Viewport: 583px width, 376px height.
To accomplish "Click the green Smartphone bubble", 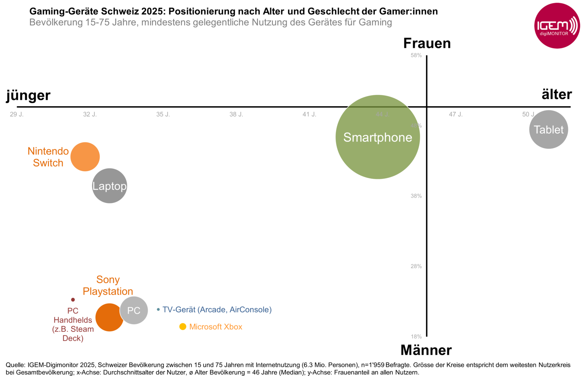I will click(x=377, y=137).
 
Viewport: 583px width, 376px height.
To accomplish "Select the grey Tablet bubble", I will click(x=548, y=129).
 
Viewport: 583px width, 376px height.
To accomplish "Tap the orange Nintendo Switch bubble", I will click(x=85, y=157).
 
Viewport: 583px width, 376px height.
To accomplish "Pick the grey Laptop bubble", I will click(x=109, y=186).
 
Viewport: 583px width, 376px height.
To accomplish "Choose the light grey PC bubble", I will click(x=134, y=310).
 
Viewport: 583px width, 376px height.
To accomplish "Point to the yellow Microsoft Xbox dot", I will click(x=183, y=327).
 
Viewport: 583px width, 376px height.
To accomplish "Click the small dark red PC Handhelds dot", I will click(x=73, y=300).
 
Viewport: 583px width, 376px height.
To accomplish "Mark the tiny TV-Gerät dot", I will click(x=158, y=309).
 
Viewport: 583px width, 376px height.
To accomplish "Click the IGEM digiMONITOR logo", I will click(x=556, y=26).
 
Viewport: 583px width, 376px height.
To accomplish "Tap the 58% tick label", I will click(x=416, y=55).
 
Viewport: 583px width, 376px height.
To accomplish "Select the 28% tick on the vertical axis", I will click(x=416, y=266).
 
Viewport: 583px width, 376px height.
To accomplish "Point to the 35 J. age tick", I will click(x=163, y=115).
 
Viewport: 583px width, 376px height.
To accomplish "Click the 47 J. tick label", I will click(x=455, y=115).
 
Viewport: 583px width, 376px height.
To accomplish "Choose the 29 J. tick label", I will click(x=17, y=115).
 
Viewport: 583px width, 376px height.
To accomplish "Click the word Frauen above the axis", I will click(x=427, y=43).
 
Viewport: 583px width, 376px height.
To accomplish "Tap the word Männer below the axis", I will click(x=426, y=350).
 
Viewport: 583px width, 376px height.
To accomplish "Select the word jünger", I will click(x=28, y=95).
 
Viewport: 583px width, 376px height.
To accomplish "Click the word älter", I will click(x=556, y=94).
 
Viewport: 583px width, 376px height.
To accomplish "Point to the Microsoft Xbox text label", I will click(x=216, y=327).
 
